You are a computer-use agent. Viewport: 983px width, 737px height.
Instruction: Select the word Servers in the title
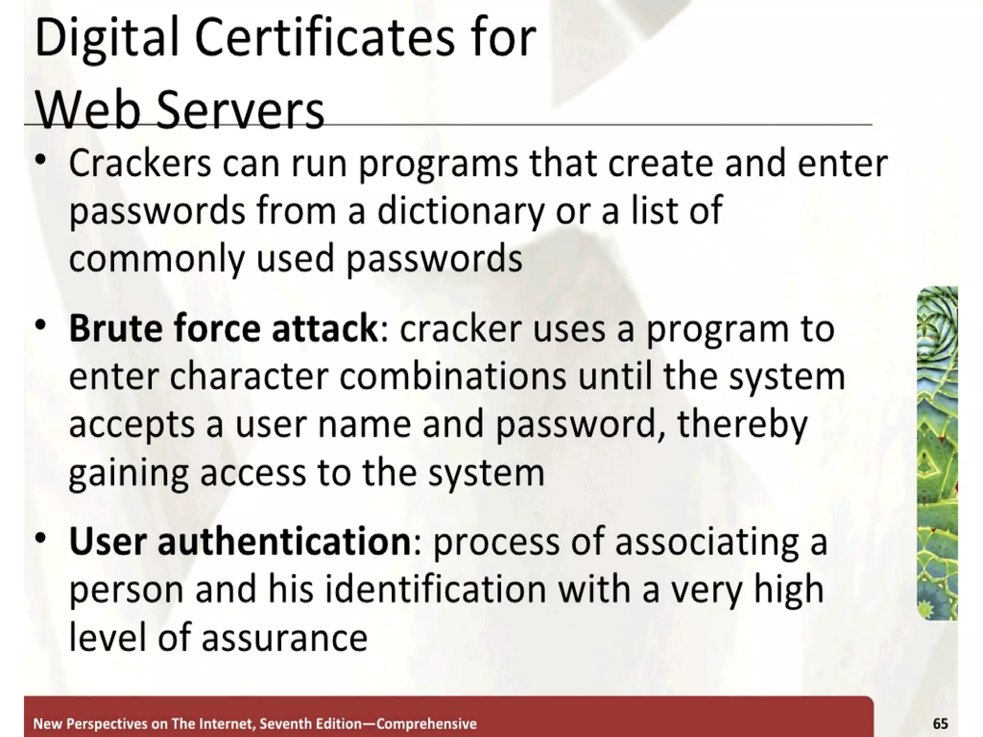tap(240, 111)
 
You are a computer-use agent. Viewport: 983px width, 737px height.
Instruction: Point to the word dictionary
tap(461, 211)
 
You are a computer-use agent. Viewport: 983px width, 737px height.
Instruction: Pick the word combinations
tap(453, 376)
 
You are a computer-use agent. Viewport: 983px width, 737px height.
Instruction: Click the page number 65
tap(940, 723)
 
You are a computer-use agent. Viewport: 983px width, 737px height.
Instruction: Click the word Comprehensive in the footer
tap(426, 724)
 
